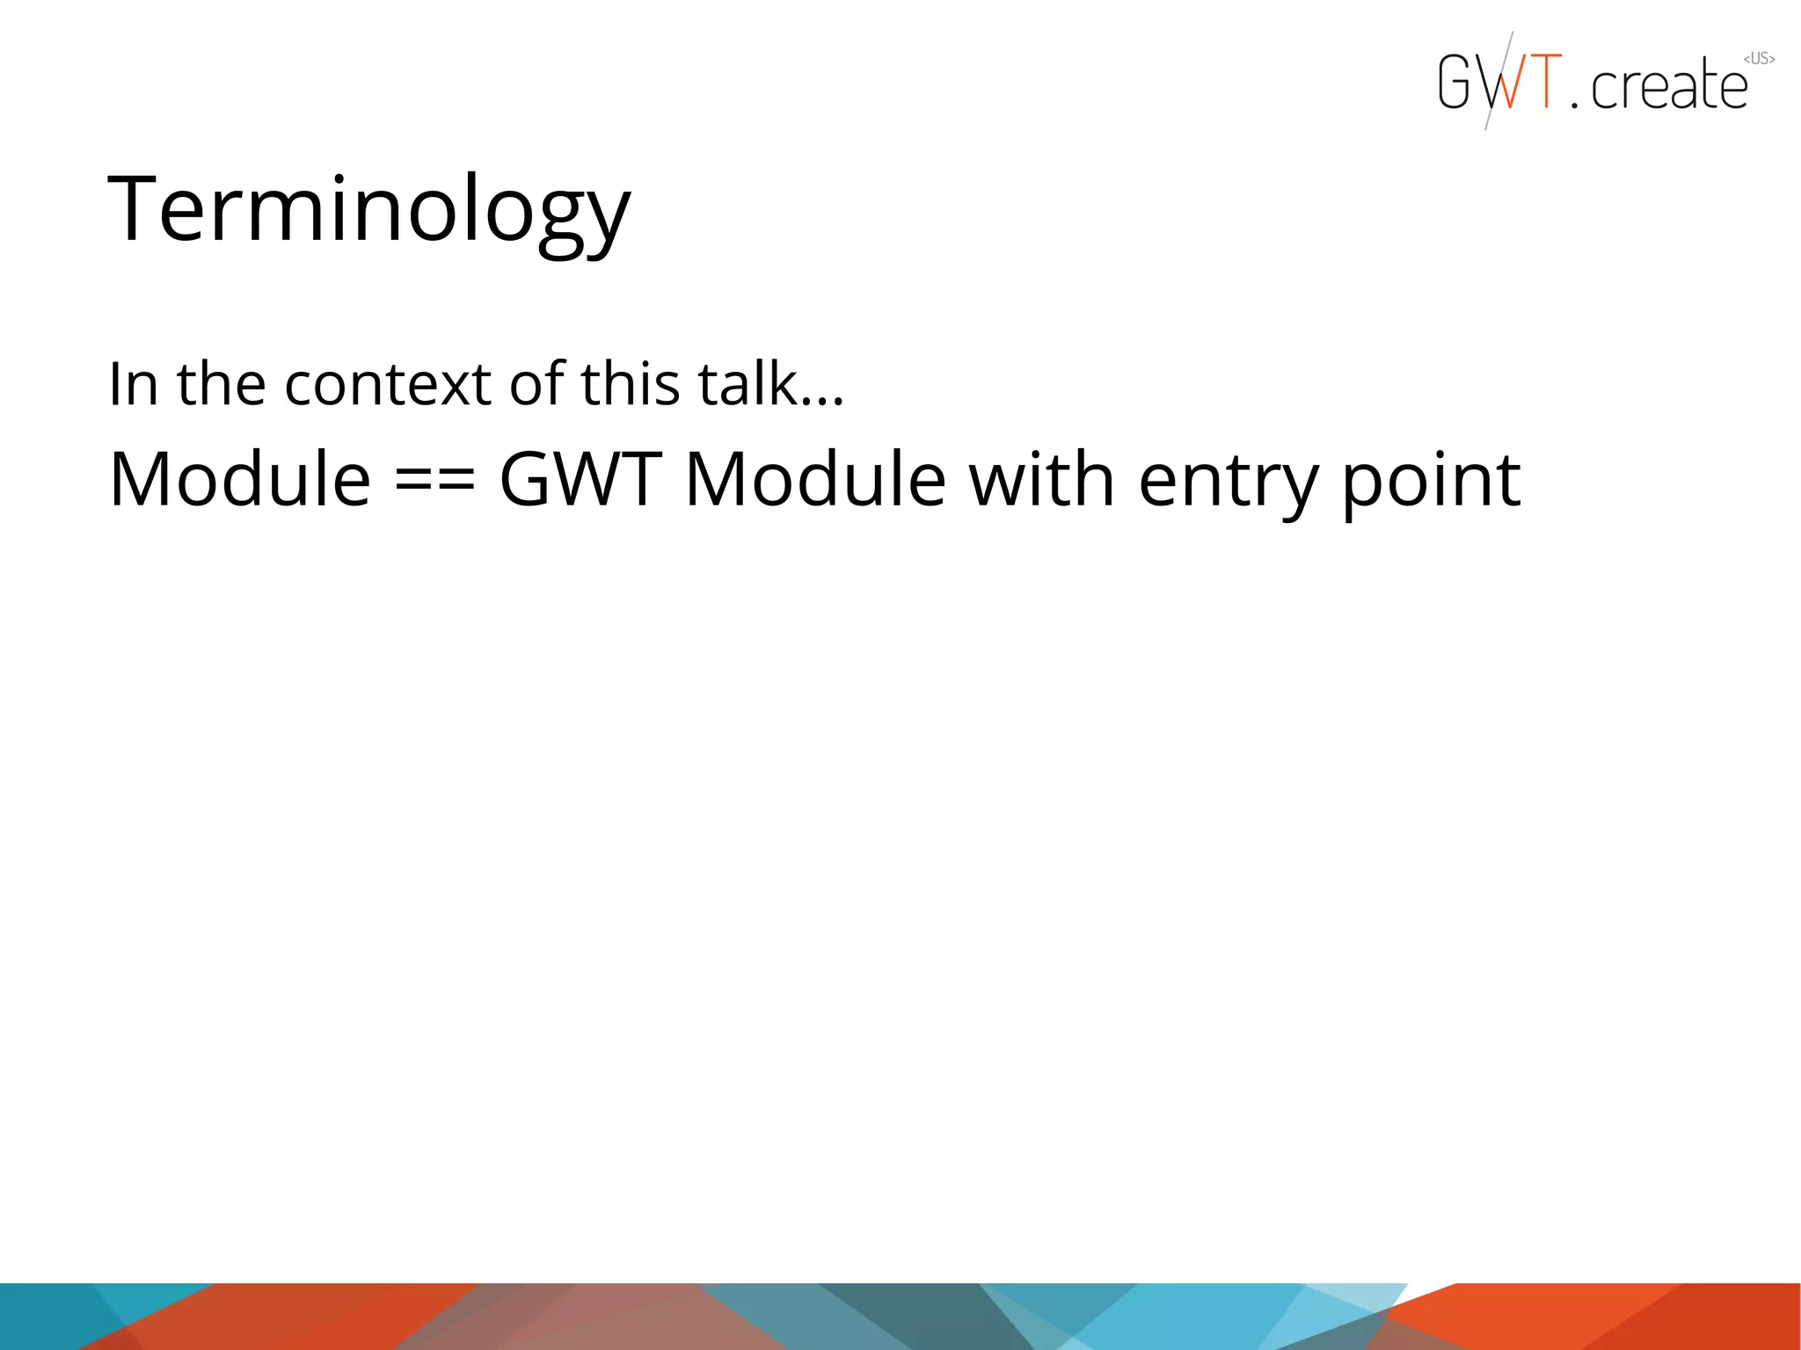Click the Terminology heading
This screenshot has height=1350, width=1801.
[368, 211]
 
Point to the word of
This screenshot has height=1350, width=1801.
[536, 384]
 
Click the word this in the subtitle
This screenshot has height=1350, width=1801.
[630, 384]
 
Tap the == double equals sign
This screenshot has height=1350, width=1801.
[434, 482]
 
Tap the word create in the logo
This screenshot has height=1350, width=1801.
[1668, 86]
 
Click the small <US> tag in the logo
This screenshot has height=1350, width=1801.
[1759, 59]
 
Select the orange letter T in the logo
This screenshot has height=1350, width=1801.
[1544, 81]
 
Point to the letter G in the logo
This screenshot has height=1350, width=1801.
[1455, 82]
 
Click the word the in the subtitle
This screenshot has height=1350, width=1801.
[221, 384]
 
